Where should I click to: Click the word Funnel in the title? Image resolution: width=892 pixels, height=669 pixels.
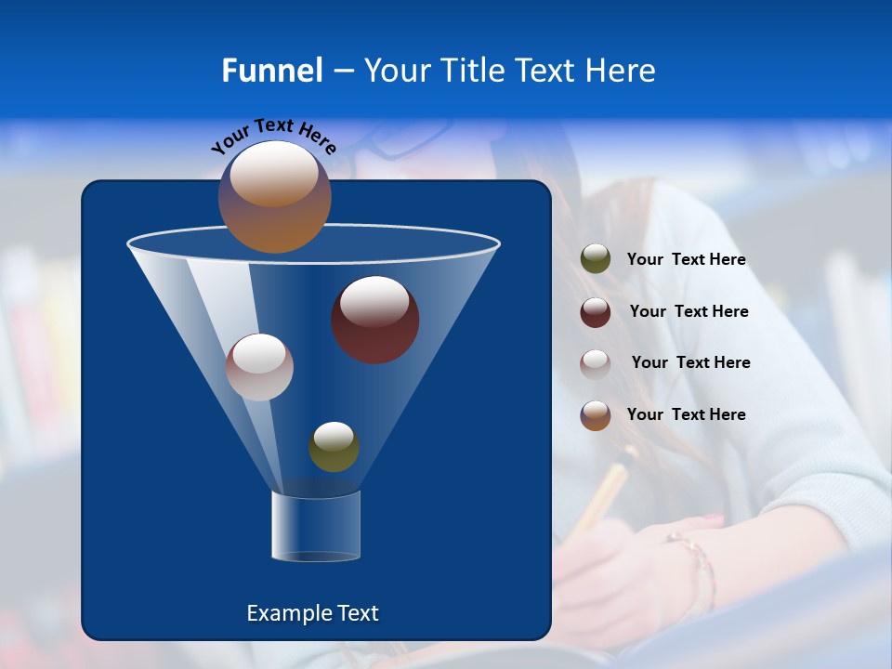pyautogui.click(x=272, y=71)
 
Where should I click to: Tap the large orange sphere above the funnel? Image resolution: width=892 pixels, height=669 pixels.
pyautogui.click(x=274, y=197)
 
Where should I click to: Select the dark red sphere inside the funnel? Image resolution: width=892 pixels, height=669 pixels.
pyautogui.click(x=374, y=320)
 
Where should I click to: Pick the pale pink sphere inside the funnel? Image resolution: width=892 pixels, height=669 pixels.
pyautogui.click(x=259, y=367)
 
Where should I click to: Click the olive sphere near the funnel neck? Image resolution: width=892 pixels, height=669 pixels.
pyautogui.click(x=334, y=447)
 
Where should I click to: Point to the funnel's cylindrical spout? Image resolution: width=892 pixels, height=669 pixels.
pyautogui.click(x=316, y=526)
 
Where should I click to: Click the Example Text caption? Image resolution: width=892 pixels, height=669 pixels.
pyautogui.click(x=312, y=613)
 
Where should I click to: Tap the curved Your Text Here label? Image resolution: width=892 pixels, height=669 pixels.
pyautogui.click(x=273, y=136)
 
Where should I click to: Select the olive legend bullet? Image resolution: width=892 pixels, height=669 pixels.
pyautogui.click(x=596, y=259)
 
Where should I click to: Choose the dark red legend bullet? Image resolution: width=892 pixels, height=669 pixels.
pyautogui.click(x=596, y=312)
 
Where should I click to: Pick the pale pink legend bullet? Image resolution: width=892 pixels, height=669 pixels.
pyautogui.click(x=596, y=363)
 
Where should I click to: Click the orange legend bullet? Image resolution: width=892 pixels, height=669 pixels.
pyautogui.click(x=596, y=415)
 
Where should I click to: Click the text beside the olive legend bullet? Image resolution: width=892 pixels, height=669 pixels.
pyautogui.click(x=686, y=260)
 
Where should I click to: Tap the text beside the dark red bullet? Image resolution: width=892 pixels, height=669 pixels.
pyautogui.click(x=689, y=312)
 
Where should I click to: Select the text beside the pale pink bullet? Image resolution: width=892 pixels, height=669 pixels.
pyautogui.click(x=690, y=363)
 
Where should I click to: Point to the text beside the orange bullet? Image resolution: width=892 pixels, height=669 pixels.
pyautogui.click(x=686, y=415)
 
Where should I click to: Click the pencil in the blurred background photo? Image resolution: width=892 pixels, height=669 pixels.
pyautogui.click(x=602, y=497)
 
